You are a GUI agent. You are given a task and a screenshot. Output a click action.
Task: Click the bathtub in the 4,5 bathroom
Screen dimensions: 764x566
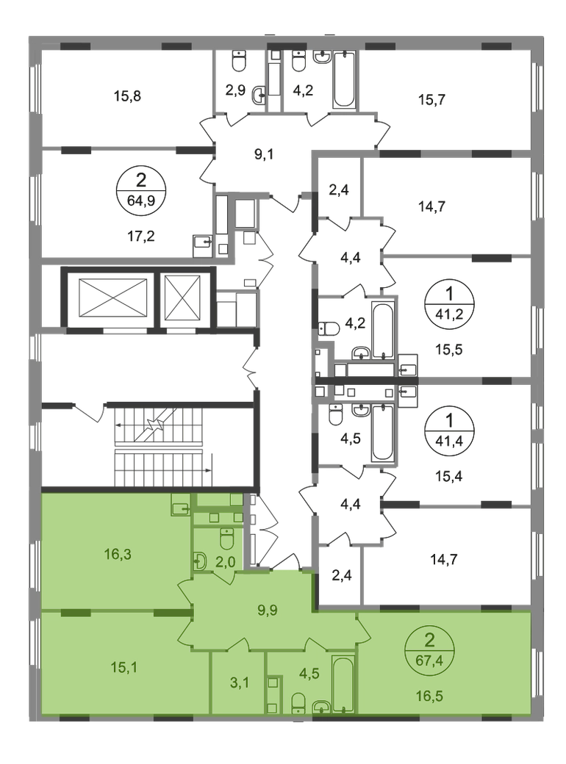pos(343,685)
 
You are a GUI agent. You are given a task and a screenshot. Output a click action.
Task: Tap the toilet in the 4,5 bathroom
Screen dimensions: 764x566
pos(299,704)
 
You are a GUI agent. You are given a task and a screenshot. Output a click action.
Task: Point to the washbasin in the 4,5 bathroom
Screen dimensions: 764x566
pos(321,707)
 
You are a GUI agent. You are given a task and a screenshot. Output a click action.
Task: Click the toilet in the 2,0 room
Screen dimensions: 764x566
pos(228,539)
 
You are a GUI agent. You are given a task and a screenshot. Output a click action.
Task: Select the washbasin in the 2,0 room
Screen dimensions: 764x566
pos(200,562)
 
